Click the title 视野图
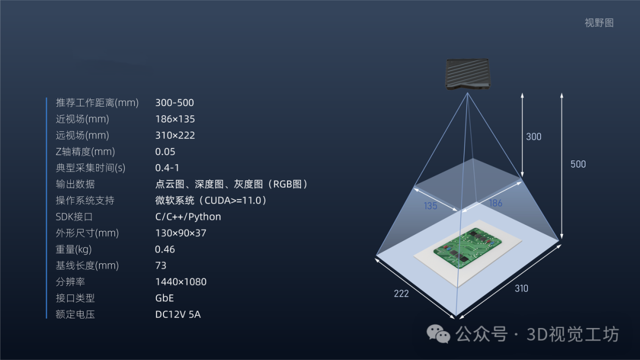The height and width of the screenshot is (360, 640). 599,23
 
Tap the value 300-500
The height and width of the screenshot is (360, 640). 174,103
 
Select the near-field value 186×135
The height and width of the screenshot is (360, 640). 175,119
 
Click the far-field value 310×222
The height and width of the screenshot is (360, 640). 175,136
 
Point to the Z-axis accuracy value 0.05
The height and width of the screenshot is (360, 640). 165,152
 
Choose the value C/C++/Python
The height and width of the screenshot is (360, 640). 188,217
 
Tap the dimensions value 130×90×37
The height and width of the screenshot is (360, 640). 181,233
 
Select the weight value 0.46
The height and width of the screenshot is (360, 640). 165,249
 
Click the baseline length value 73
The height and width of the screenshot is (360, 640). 161,266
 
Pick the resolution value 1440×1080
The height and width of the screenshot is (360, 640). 181,282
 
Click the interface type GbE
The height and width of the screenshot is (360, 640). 164,298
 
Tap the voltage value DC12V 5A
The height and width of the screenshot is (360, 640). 178,314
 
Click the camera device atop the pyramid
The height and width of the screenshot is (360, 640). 468,74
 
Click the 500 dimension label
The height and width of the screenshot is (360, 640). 578,165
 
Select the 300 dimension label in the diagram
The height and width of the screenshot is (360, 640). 533,137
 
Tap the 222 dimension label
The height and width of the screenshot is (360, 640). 401,294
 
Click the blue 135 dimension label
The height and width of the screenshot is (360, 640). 431,206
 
